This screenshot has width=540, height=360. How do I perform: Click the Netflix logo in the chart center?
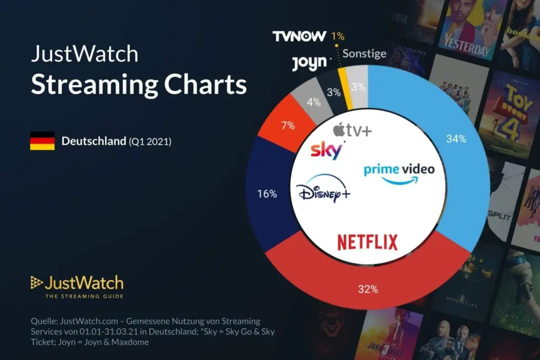pos(368,242)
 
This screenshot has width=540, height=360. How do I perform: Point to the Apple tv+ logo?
pos(352,130)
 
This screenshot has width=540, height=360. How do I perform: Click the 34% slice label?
pos(456,139)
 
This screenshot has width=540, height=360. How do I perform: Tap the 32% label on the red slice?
pos(368,289)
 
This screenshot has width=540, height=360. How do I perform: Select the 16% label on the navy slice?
pos(267,194)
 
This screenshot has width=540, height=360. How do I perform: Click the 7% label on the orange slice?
pos(288,125)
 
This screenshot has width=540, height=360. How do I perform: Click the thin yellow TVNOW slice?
pos(343,89)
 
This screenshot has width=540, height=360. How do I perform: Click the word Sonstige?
pos(364,54)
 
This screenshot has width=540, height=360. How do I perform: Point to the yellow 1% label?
pos(337,36)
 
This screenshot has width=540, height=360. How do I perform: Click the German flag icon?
pos(42,141)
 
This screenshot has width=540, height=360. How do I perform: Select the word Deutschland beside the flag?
pos(93,141)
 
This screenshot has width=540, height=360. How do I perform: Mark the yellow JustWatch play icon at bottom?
pos(36,283)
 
